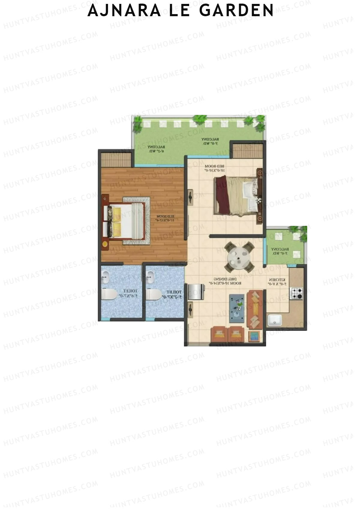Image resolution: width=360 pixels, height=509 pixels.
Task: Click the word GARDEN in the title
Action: point(236,10)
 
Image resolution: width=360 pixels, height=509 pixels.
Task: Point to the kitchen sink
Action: point(274,320)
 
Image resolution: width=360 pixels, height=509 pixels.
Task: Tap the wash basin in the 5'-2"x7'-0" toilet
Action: point(151,277)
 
